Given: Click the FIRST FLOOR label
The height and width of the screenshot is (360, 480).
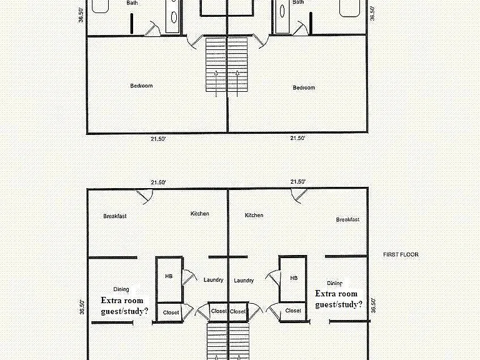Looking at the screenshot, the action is pos(401,254).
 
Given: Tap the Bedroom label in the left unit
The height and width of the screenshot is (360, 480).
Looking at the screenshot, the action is pos(141,86).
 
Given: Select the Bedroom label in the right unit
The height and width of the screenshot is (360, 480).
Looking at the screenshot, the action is pos(304,87).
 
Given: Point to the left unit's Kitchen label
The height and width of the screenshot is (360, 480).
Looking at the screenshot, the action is pos(200,214).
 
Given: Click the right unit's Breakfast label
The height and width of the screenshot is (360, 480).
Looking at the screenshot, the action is pos(347,219).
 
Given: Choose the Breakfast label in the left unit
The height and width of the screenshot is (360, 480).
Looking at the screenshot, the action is pos(115,216).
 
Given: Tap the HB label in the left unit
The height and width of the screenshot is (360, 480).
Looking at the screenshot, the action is pos(169,276).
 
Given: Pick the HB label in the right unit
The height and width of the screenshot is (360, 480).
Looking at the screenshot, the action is pos(294,278).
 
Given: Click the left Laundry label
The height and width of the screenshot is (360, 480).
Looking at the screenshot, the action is pos(213,280).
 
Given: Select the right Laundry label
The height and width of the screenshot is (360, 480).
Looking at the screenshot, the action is pos(244,281).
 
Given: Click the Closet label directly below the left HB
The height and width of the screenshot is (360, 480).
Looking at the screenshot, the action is pos(171,312).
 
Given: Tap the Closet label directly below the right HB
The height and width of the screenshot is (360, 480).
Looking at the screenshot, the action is pos(293,311).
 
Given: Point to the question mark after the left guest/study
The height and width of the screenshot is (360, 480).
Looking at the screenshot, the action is pos(146,311).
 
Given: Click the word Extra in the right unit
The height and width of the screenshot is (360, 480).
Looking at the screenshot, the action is pos(326,294).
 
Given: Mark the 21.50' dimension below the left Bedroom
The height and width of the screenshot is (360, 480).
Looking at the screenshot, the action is pos(158,139).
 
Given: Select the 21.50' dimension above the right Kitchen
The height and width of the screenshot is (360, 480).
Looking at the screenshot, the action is pos(298,181).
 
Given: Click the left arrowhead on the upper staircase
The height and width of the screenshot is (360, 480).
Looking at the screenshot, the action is pos(216,73).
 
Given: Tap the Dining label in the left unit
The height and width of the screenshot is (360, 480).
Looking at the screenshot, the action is pos(121,289).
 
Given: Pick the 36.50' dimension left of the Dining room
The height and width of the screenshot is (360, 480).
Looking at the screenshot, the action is pos(81,307).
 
